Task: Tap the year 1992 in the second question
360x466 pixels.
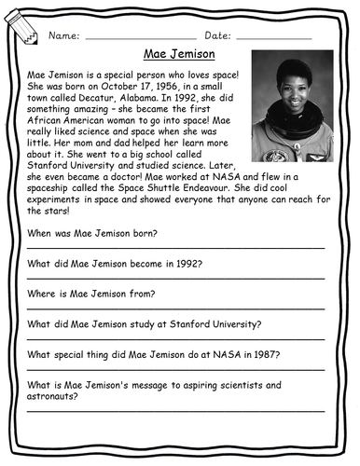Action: (187, 263)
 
